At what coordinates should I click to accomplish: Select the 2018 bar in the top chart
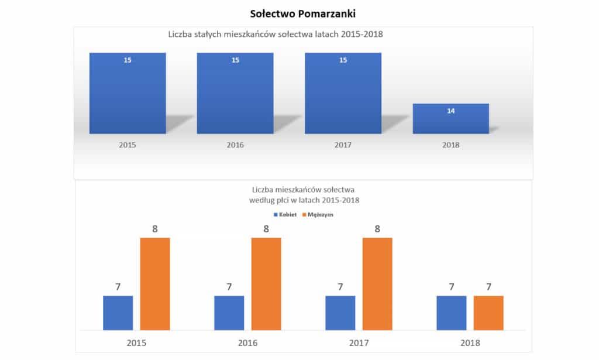click(450, 119)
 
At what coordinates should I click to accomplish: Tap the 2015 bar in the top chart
click(128, 94)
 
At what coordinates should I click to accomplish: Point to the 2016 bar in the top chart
click(235, 94)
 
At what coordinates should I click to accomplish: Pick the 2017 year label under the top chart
click(342, 145)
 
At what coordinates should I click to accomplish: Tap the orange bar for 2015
click(155, 284)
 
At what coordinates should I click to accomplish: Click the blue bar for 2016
click(229, 313)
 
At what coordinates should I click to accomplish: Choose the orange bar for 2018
click(488, 313)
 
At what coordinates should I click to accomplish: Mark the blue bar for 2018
click(451, 313)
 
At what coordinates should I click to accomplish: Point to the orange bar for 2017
click(377, 284)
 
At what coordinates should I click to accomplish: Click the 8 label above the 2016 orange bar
click(266, 229)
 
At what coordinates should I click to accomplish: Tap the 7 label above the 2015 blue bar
click(118, 287)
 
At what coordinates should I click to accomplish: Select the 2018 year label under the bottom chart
click(470, 342)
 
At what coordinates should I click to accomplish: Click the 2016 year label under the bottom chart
click(247, 342)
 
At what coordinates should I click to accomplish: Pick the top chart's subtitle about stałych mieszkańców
click(275, 35)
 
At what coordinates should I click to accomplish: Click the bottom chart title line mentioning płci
click(304, 200)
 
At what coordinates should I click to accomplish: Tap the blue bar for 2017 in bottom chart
click(340, 313)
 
